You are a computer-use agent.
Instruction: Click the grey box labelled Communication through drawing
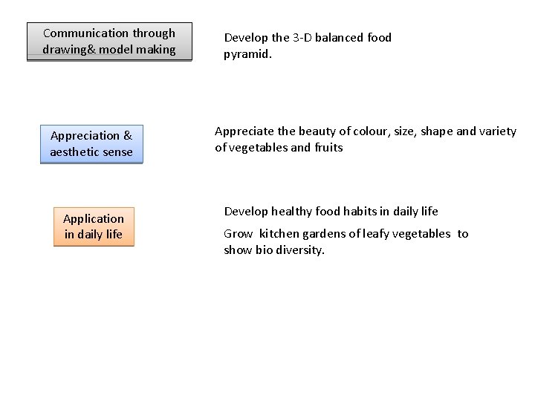click(x=109, y=42)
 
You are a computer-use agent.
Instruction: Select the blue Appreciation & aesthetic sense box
click(x=91, y=144)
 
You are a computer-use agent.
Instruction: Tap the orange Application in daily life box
click(x=94, y=226)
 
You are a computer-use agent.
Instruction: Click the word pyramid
click(x=246, y=53)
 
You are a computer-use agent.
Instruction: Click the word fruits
click(x=328, y=148)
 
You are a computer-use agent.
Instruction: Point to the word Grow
click(x=239, y=234)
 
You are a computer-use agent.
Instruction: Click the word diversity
click(x=300, y=250)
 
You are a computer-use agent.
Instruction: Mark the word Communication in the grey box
click(x=85, y=33)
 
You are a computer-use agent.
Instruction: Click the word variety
click(x=498, y=131)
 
